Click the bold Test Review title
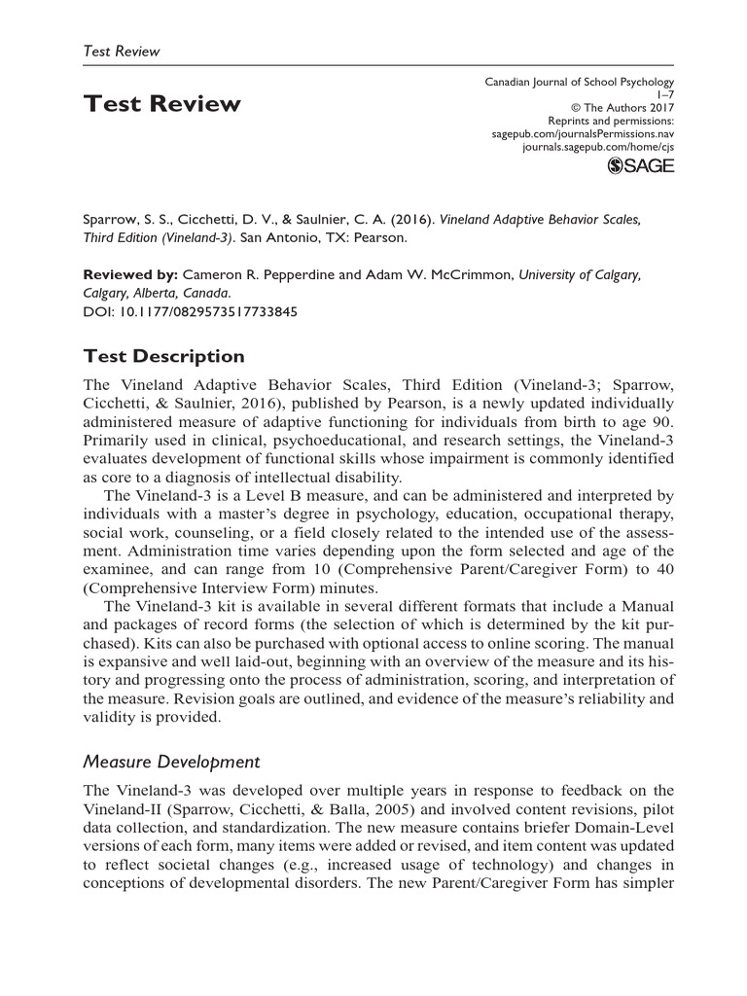(x=161, y=104)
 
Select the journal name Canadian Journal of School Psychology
(x=580, y=83)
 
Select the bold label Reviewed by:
(x=127, y=275)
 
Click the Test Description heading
(x=163, y=356)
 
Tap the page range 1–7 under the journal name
(x=665, y=95)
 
